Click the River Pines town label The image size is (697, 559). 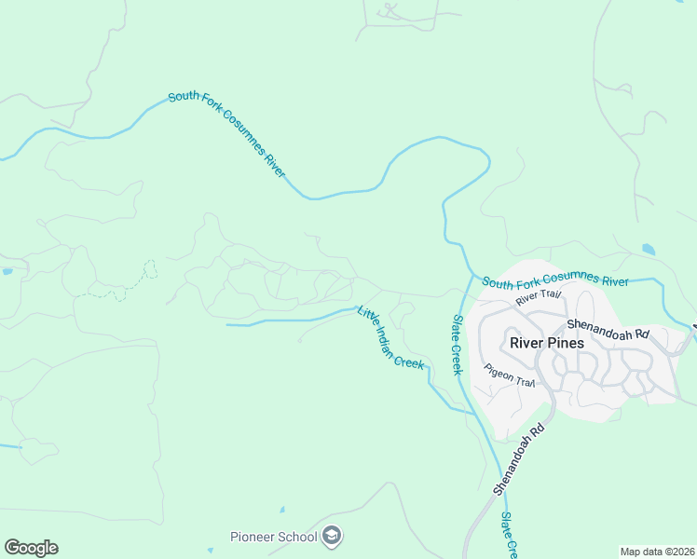click(x=547, y=343)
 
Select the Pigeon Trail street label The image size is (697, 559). click(x=510, y=375)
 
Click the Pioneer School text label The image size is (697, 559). click(x=274, y=537)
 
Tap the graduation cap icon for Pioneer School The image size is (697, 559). click(x=333, y=537)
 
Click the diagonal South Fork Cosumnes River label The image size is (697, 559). click(x=226, y=134)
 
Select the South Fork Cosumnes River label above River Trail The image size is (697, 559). click(x=555, y=281)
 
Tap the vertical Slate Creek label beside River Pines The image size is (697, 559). click(x=458, y=345)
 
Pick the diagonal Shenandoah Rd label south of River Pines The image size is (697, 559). click(x=519, y=460)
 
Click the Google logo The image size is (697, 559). click(x=31, y=548)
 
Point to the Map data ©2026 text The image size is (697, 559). click(x=656, y=552)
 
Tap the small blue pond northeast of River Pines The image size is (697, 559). click(x=648, y=250)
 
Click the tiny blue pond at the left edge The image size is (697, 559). click(x=7, y=271)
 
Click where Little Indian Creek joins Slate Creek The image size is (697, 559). click(x=471, y=410)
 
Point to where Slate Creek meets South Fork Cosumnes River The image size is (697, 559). click(x=471, y=276)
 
